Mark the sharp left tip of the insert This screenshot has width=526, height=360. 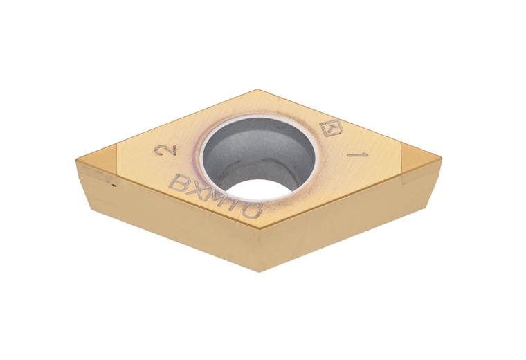tap(76, 161)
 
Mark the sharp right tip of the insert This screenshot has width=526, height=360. tap(441, 159)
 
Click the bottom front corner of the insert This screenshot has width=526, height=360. tap(260, 271)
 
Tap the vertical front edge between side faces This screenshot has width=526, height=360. tap(260, 249)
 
